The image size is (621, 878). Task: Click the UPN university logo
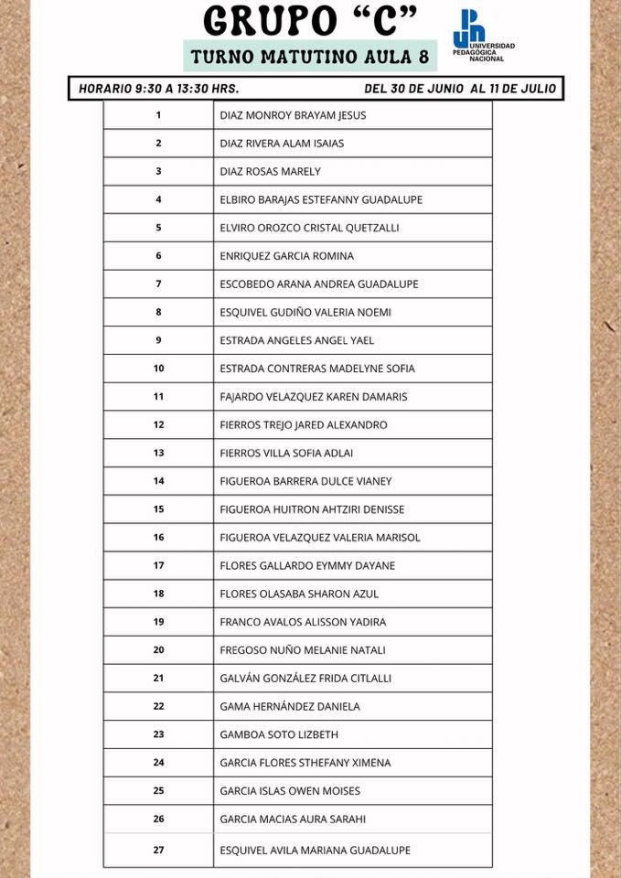pos(482,37)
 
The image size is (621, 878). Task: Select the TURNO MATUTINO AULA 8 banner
pos(310,57)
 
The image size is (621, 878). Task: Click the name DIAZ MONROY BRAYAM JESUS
pos(293,115)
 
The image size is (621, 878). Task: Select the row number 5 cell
pos(158,228)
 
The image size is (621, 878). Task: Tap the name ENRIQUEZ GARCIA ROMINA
pos(286,256)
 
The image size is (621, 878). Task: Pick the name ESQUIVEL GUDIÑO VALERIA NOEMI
pos(305,312)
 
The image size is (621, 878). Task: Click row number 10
pos(158,369)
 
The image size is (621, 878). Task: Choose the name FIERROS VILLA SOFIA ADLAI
pos(286,453)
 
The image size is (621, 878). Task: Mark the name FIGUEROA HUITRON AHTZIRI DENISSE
pos(312,509)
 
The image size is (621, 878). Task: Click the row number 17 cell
pos(158,565)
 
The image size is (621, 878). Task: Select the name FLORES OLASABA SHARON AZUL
pos(299,594)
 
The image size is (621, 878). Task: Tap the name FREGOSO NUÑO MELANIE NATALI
pos(303,650)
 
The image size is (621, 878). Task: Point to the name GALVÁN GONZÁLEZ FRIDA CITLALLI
pos(305,678)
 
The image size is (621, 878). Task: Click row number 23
pos(158,734)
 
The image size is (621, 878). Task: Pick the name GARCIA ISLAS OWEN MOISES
pos(290,790)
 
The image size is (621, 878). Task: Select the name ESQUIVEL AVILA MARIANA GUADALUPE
pos(315,850)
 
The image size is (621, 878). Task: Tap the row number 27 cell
pos(158,850)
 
